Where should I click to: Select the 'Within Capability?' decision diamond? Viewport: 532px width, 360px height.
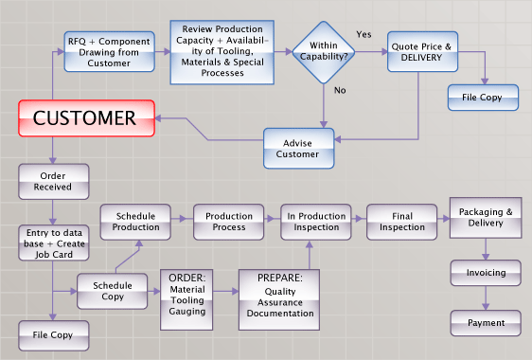click(x=324, y=50)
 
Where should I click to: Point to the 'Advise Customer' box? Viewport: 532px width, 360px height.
click(x=299, y=149)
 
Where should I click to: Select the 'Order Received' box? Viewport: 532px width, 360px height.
click(x=54, y=181)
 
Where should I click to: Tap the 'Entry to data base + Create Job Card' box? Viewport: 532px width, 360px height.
click(x=54, y=242)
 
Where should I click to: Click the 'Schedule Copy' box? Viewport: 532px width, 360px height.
click(x=112, y=290)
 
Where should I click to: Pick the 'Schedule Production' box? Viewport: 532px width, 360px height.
click(x=134, y=221)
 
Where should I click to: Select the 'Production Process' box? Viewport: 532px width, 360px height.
click(x=227, y=221)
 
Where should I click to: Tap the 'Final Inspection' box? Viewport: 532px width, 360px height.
click(x=402, y=221)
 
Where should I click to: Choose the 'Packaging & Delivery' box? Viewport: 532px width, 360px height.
click(x=486, y=218)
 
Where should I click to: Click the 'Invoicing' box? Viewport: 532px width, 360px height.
click(x=486, y=273)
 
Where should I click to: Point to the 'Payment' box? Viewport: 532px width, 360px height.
click(x=486, y=323)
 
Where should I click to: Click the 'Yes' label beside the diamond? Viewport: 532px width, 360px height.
click(x=364, y=34)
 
